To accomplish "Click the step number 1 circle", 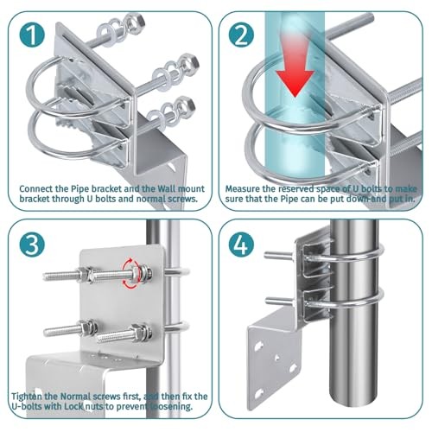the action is coord(32,35).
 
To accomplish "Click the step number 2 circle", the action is coord(241,35).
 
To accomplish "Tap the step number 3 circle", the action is coord(32,245).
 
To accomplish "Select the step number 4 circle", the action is coord(241,245).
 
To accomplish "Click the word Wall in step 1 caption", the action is coord(167,189).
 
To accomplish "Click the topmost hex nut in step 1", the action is coord(137,22).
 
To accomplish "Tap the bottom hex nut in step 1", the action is coord(187,105).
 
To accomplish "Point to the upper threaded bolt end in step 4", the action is coord(266,255).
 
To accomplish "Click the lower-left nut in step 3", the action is coord(87,328).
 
